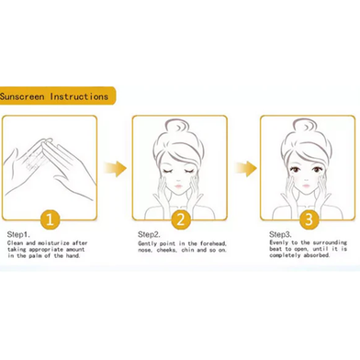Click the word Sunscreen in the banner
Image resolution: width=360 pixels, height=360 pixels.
(22, 96)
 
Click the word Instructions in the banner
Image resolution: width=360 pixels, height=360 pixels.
(79, 96)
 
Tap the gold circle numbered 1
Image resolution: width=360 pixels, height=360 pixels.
(50, 219)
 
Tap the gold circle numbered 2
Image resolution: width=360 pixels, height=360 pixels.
(181, 219)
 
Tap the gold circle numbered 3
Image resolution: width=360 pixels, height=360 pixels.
(309, 219)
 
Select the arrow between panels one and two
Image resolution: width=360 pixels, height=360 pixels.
(115, 168)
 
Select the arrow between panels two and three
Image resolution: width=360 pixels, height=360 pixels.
(246, 168)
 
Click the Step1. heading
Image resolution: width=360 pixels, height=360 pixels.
(18, 235)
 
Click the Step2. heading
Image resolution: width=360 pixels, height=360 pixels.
(149, 235)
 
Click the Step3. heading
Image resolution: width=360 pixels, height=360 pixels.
(280, 235)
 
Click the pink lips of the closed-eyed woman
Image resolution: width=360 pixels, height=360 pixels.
(178, 186)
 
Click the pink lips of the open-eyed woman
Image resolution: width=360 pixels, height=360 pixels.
(307, 186)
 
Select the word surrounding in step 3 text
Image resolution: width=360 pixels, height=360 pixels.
(330, 242)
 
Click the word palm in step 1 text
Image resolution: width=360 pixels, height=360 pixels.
(35, 256)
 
